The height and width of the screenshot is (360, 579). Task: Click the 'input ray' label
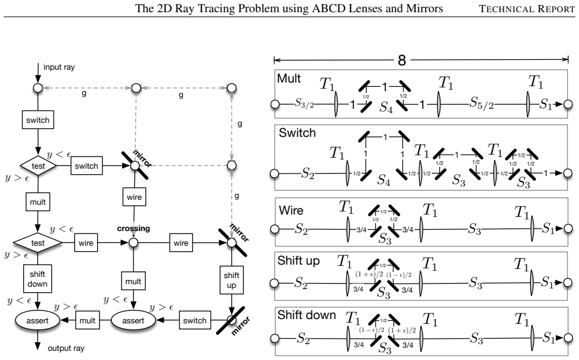point(59,67)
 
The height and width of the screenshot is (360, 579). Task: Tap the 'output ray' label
point(66,348)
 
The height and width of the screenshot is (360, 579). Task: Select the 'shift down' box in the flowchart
point(37,279)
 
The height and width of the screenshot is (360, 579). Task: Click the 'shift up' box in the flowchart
point(231,280)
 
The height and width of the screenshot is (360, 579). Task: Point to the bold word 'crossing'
point(133,229)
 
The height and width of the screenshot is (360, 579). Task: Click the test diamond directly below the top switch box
point(38,166)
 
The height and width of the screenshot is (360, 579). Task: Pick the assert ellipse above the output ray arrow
point(37,320)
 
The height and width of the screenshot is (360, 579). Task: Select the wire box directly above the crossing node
point(134,197)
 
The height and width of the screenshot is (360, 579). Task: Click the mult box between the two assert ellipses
point(87,320)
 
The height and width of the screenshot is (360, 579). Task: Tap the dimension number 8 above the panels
point(402,61)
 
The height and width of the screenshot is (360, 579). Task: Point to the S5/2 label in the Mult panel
point(481,103)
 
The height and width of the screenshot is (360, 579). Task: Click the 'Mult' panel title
point(289,78)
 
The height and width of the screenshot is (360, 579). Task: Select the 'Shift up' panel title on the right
point(299,260)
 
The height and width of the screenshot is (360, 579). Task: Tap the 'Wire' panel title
point(291,210)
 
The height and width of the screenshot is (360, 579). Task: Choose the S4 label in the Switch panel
point(384,180)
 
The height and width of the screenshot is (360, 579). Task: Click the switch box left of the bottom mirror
point(195,320)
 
